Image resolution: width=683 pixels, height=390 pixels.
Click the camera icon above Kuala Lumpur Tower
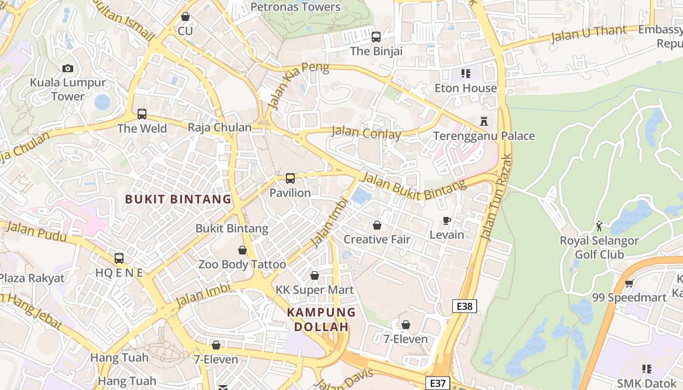pos(68,69)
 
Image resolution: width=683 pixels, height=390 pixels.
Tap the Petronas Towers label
pos(295,7)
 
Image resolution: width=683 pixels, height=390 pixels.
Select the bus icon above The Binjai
pos(376,37)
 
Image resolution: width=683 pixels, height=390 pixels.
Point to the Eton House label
pos(465,88)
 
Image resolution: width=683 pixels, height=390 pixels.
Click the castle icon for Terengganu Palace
pos(484,121)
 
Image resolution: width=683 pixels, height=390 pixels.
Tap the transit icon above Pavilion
pos(290,178)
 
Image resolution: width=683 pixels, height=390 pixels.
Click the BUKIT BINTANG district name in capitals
pos(178,199)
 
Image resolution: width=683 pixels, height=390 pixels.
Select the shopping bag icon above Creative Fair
pos(377,225)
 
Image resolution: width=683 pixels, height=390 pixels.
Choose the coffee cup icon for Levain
pos(446,221)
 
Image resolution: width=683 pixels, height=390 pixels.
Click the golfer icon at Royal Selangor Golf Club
pos(599,226)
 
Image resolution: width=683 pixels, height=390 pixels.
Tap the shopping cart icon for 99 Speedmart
pos(629,283)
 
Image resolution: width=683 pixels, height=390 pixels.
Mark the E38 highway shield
pos(464,306)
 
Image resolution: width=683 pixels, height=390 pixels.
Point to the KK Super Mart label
pos(315,290)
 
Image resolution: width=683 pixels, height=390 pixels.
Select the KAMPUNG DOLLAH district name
pos(321,319)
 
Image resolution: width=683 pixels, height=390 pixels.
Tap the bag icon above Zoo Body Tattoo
pos(242,251)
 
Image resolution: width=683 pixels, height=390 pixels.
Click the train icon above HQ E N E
pos(119,258)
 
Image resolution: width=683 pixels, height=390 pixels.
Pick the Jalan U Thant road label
pos(588,34)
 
